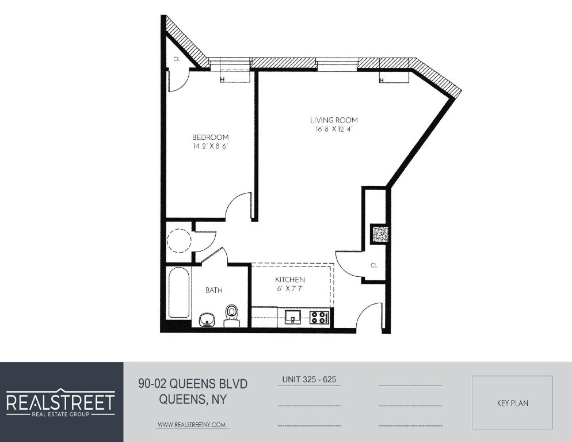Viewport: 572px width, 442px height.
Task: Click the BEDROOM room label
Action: pos(210,138)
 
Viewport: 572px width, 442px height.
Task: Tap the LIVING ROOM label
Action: pos(334,120)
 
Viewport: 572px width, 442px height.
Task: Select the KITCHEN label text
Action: pos(290,279)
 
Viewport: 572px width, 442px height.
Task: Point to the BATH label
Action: pos(213,291)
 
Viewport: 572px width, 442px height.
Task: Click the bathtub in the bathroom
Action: pos(177,293)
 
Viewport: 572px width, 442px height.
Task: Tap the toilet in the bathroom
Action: pos(231,314)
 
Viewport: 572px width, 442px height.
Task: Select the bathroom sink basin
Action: pos(207,319)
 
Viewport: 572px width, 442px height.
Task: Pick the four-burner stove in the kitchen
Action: pos(319,317)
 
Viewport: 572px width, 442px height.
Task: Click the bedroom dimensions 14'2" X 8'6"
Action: pos(210,147)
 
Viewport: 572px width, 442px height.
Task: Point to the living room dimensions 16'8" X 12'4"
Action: pos(334,129)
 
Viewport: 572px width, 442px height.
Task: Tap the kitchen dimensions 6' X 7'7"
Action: pos(290,288)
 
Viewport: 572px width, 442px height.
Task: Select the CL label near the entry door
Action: pos(374,265)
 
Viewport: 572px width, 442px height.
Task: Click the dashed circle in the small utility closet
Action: pos(179,240)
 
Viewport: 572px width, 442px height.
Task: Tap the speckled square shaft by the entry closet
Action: pos(380,234)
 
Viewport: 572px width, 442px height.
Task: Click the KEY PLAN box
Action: pos(512,403)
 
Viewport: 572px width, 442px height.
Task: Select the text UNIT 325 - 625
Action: pos(309,380)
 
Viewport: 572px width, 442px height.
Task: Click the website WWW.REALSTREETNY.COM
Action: pos(192,425)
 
